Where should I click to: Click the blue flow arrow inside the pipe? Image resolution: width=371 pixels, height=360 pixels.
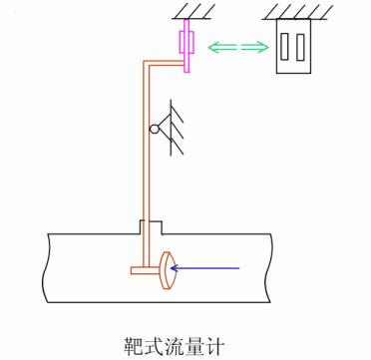pos(209,267)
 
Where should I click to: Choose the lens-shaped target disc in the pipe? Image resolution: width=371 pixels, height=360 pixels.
pos(167,268)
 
